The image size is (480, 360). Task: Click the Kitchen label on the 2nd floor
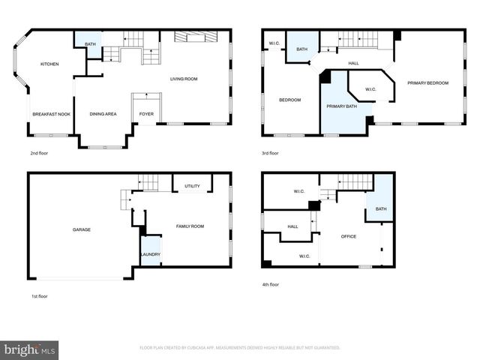pos(49,64)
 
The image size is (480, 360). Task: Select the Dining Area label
pos(103,114)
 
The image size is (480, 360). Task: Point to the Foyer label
pos(146,114)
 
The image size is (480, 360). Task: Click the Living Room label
pos(183,79)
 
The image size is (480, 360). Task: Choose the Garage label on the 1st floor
pos(81,229)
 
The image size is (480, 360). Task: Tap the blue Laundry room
pos(150,251)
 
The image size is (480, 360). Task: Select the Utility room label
pos(192,185)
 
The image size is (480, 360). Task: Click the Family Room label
pos(190,226)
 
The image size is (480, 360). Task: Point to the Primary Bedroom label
pos(427,82)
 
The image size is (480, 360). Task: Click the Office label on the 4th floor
pos(348,237)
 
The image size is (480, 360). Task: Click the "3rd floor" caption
pos(270,153)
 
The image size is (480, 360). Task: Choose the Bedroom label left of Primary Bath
pos(289,100)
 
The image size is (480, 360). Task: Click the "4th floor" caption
pos(270,285)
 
